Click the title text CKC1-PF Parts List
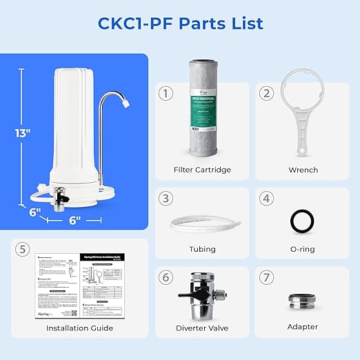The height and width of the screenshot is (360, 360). [180, 23]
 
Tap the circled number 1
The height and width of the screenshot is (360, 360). [166, 92]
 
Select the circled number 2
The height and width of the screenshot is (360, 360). [267, 92]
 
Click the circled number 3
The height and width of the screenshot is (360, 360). [166, 198]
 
